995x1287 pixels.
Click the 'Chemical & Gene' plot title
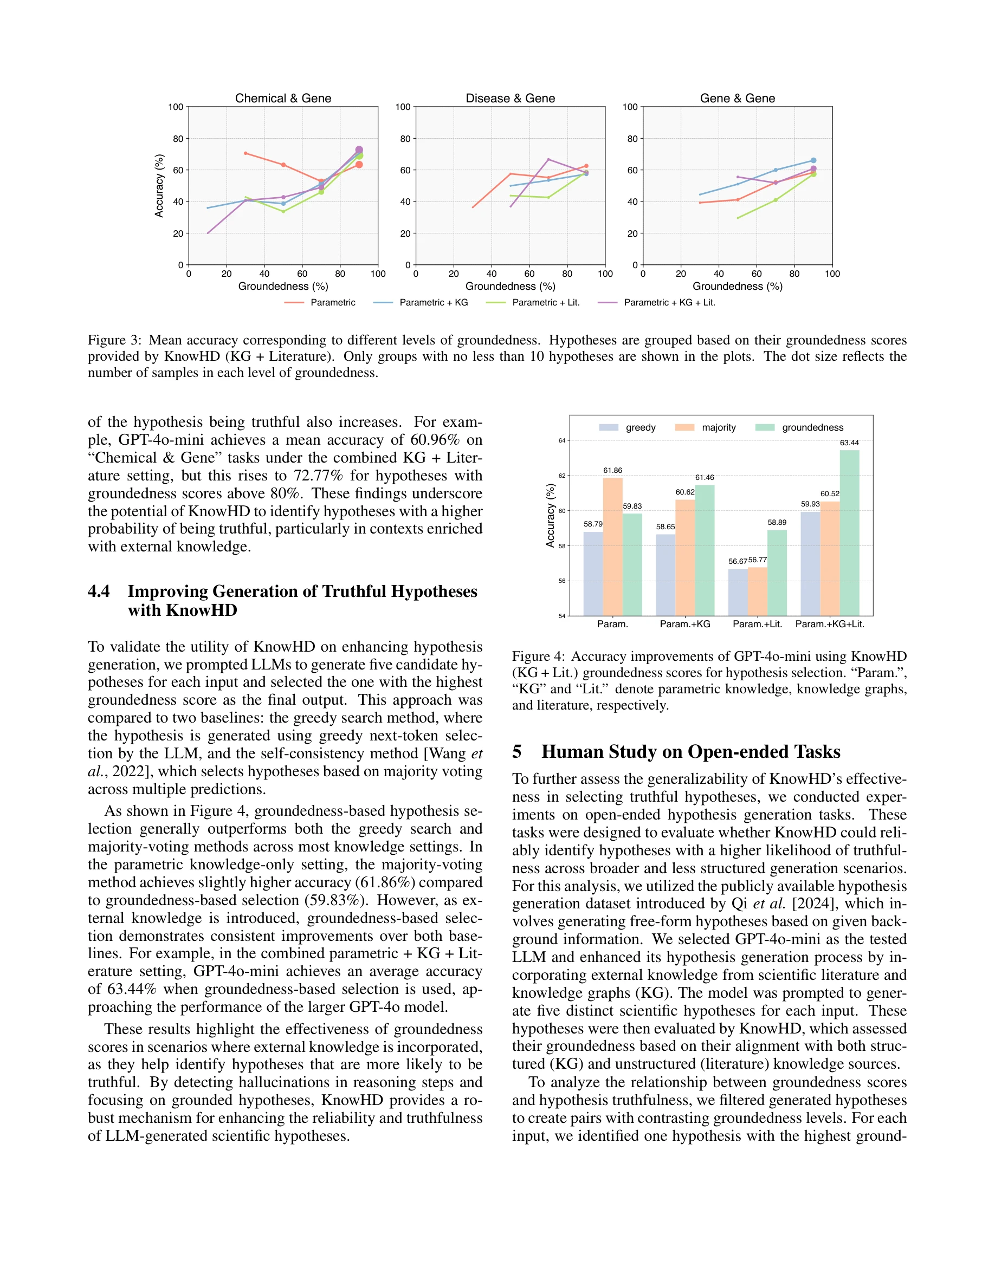(x=283, y=99)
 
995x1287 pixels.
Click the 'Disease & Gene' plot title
(x=510, y=99)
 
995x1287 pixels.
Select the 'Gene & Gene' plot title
(x=737, y=99)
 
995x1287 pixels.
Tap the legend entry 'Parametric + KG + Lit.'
(x=669, y=302)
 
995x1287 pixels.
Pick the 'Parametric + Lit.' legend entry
(x=545, y=302)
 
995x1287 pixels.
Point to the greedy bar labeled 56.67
(x=738, y=591)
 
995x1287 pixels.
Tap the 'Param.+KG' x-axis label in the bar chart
(x=684, y=623)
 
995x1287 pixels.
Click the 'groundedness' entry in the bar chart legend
(x=812, y=427)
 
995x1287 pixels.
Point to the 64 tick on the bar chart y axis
(x=562, y=440)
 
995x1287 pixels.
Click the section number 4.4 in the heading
(x=99, y=591)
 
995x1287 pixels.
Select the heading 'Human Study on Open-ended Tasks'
(x=690, y=751)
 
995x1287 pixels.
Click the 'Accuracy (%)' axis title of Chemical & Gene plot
(x=159, y=186)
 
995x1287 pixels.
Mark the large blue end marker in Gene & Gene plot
(x=813, y=160)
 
